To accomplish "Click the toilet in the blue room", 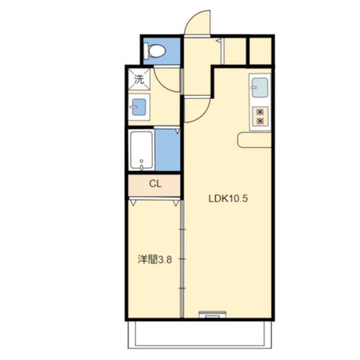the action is pos(156,50).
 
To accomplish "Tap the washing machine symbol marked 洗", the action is pos(139,80).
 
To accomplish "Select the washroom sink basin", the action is pos(139,107).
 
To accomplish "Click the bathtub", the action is pos(141,150).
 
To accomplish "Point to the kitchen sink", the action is pos(260,87).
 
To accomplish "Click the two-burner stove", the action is pos(260,117).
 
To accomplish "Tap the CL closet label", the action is pos(155,184).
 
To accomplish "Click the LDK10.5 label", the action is pos(228,198).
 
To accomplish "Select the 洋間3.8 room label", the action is pos(154,260).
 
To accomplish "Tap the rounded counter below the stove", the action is pos(254,140).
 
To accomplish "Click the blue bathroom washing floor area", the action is pos(167,150).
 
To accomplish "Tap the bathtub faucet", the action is pos(141,165).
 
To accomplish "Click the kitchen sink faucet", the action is pos(253,87).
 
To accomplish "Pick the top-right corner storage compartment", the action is pos(261,51).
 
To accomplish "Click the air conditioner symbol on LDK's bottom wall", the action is pos(212,314).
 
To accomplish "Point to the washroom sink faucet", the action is pos(133,107).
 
